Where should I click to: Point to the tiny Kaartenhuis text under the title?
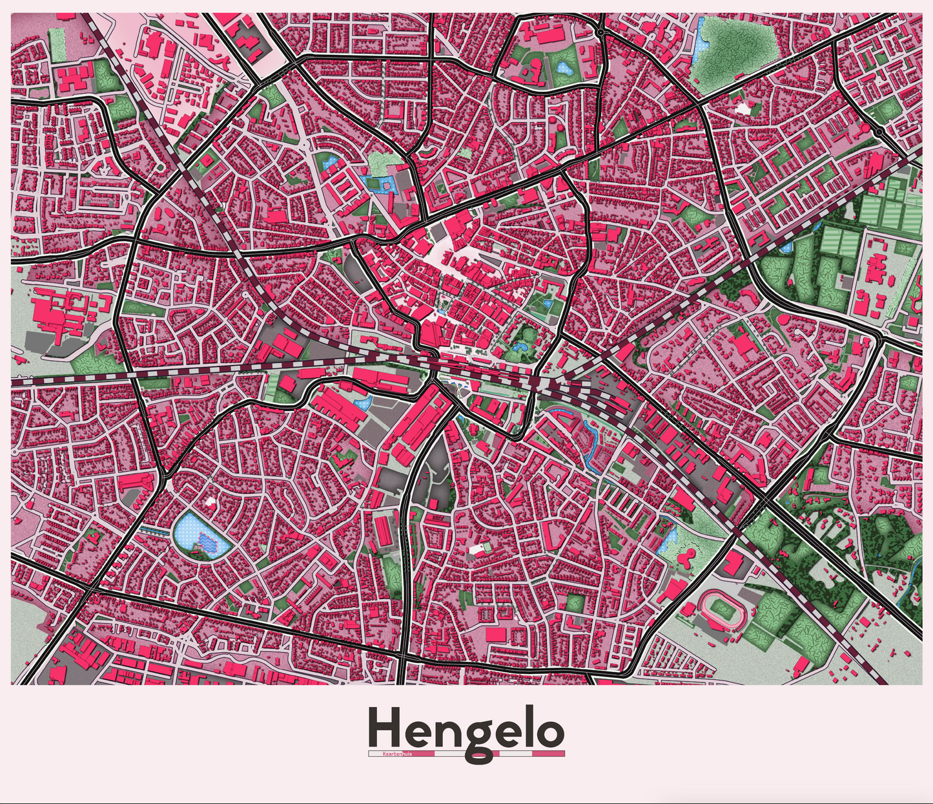396,754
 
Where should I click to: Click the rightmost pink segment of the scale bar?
548,754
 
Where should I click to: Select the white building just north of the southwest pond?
210,501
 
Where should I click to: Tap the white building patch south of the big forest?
744,108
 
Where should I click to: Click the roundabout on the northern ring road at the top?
600,31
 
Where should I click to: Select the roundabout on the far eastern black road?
880,131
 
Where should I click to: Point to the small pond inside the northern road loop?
564,67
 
